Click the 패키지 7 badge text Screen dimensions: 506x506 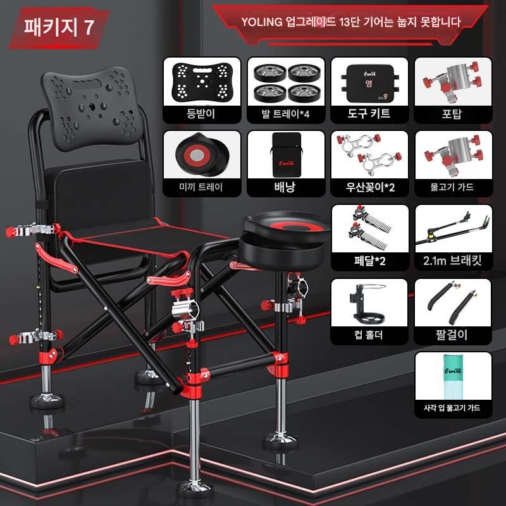59,27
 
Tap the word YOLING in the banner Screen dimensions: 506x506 262,22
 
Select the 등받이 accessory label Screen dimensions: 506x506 201,114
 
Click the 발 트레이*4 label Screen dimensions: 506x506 285,114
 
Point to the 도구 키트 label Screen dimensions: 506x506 369,113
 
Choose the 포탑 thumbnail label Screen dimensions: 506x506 452,114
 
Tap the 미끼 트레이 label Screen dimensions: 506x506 201,187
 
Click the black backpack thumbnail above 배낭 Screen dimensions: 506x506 287,154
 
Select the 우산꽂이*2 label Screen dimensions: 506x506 370,187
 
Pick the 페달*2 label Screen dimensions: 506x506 370,261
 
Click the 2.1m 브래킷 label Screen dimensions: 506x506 452,261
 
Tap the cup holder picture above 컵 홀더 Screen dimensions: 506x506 368,303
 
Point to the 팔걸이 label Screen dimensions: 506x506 452,335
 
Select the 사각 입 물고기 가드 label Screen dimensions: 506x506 452,407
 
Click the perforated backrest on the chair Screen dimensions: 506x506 92,108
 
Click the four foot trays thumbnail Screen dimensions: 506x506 287,82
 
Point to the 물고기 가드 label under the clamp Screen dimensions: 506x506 452,187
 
